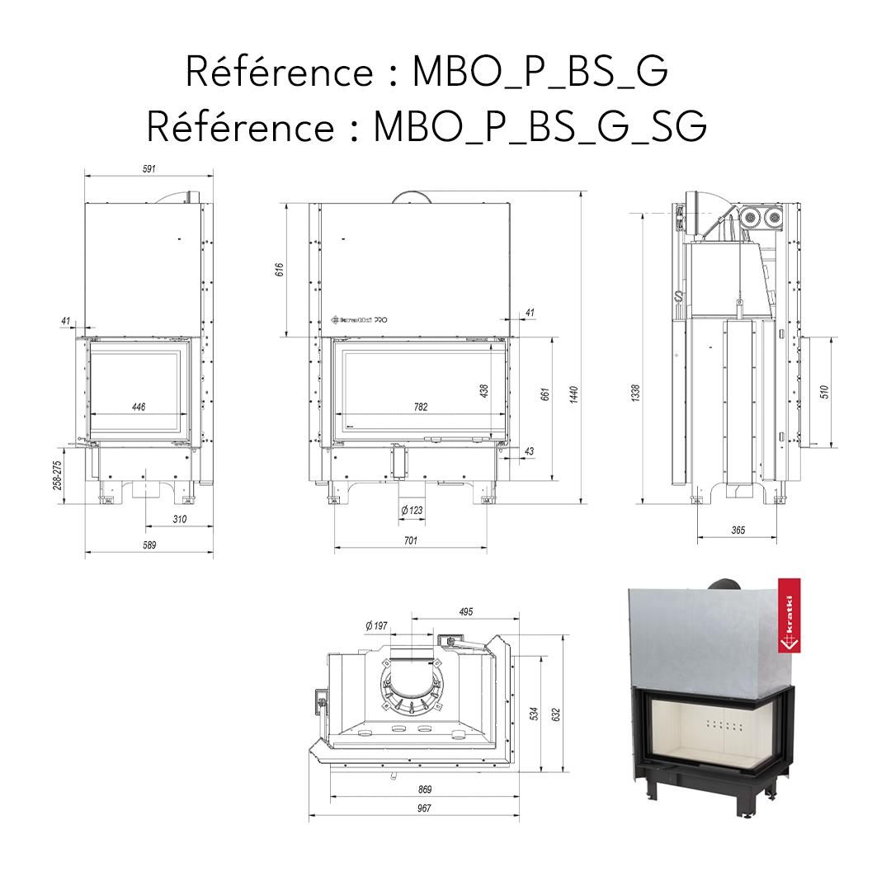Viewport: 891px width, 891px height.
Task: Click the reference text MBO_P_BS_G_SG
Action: pos(426,126)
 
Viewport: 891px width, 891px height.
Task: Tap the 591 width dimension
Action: pos(149,168)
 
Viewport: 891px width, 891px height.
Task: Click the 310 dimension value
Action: pos(180,519)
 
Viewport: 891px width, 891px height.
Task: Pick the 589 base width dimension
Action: pos(149,544)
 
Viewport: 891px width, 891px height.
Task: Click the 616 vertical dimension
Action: pos(279,270)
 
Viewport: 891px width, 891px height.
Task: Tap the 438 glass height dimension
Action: pos(484,389)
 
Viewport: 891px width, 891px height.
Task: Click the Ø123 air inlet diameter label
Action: pos(411,511)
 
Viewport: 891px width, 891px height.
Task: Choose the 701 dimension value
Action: pos(410,540)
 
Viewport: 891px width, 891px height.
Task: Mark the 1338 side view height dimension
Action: pos(635,394)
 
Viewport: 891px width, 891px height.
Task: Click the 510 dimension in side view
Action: pos(824,391)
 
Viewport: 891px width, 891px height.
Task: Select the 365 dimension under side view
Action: pos(738,530)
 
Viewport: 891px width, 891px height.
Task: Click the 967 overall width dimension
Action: pos(424,808)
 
